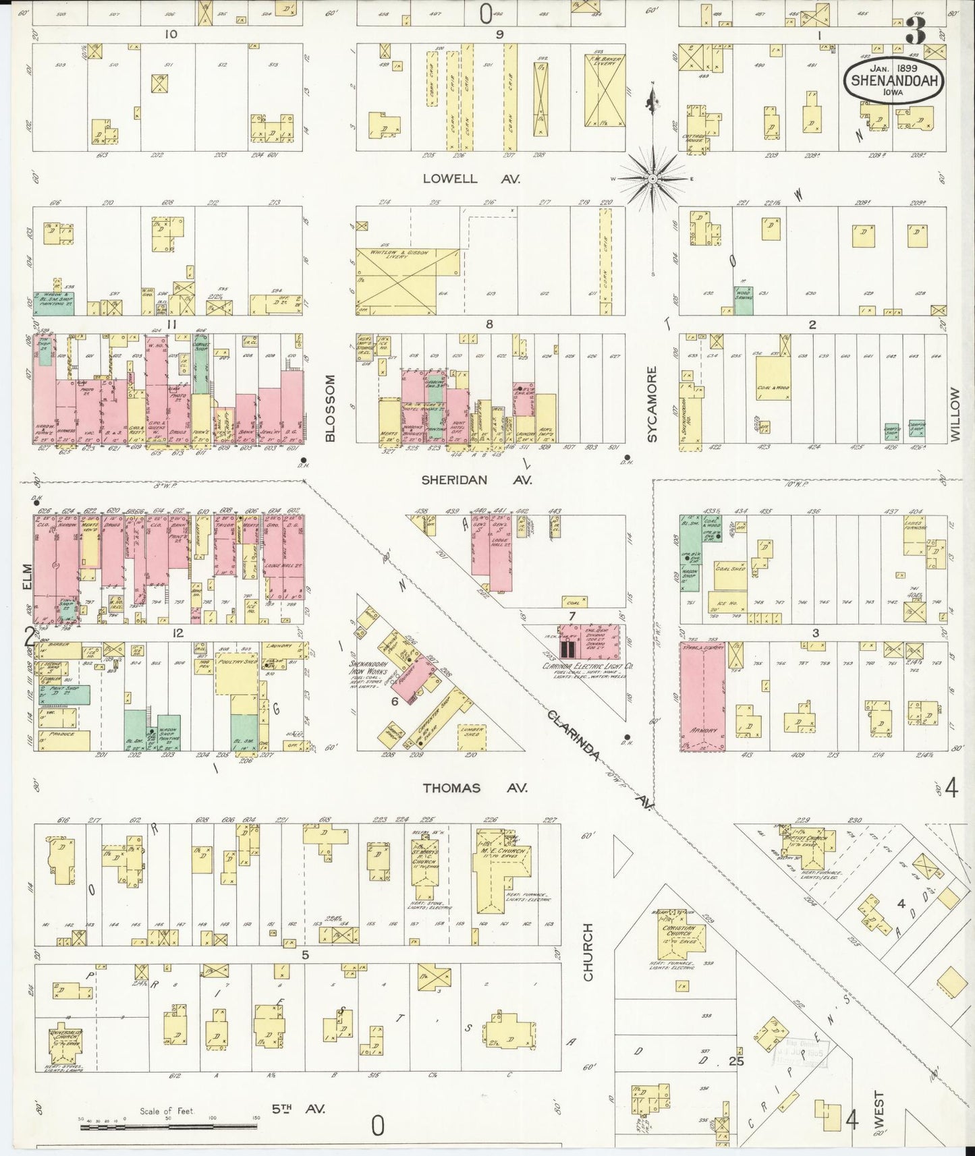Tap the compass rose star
coord(653,179)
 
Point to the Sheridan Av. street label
coord(476,480)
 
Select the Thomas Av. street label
coord(475,788)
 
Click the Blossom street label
coord(330,409)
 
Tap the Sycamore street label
coord(652,405)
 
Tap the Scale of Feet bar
coord(169,1125)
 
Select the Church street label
coord(588,952)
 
